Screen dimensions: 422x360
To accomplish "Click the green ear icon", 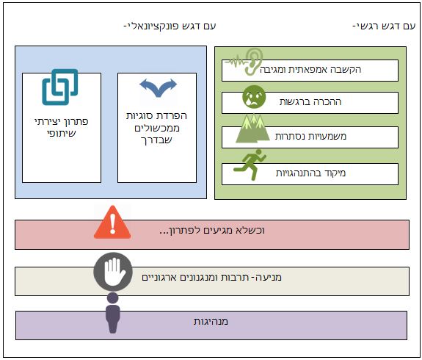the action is (253, 62).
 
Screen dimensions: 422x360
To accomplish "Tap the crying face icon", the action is (254, 97).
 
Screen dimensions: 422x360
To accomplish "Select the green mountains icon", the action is (252, 129).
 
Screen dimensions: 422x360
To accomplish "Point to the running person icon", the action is (250, 165).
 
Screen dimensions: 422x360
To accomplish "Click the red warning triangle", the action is (112, 223).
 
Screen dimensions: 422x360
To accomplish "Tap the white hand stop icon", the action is (113, 272).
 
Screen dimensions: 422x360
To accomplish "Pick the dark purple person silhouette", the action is (113, 312).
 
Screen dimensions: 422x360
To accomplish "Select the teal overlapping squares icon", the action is (60, 87).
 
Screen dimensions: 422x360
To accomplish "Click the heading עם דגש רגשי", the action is (384, 26).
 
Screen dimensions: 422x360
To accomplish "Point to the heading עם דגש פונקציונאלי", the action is (170, 26).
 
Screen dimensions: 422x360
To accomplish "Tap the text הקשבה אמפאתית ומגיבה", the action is (310, 70).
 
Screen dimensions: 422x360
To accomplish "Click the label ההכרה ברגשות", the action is (310, 102).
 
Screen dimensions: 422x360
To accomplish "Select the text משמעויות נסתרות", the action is (310, 137).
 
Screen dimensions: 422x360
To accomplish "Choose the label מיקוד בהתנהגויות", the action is (310, 173).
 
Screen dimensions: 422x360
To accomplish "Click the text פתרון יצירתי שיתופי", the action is (62, 127).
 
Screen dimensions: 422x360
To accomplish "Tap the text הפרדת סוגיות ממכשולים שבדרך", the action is (156, 128).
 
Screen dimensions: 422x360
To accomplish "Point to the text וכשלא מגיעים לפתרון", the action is (212, 231).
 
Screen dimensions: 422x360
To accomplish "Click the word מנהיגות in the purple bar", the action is (211, 322).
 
